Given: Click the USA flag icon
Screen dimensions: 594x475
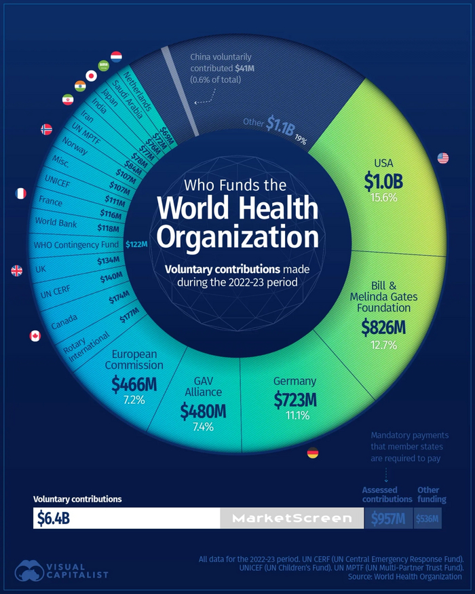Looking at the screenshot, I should [443, 158].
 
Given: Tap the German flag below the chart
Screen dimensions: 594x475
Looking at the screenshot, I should [313, 453].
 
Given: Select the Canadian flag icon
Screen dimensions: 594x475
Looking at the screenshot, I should [35, 335].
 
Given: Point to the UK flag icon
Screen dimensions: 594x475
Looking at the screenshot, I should [17, 270].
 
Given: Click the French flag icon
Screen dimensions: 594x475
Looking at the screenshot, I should [20, 193].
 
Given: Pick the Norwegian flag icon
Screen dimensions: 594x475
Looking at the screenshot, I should [47, 129].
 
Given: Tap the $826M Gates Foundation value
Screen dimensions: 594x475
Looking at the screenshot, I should [383, 328].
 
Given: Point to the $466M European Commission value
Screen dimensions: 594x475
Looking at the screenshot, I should [134, 384].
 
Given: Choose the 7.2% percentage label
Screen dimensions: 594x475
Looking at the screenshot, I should [134, 401].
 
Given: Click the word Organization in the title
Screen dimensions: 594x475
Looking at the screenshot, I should [237, 238].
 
